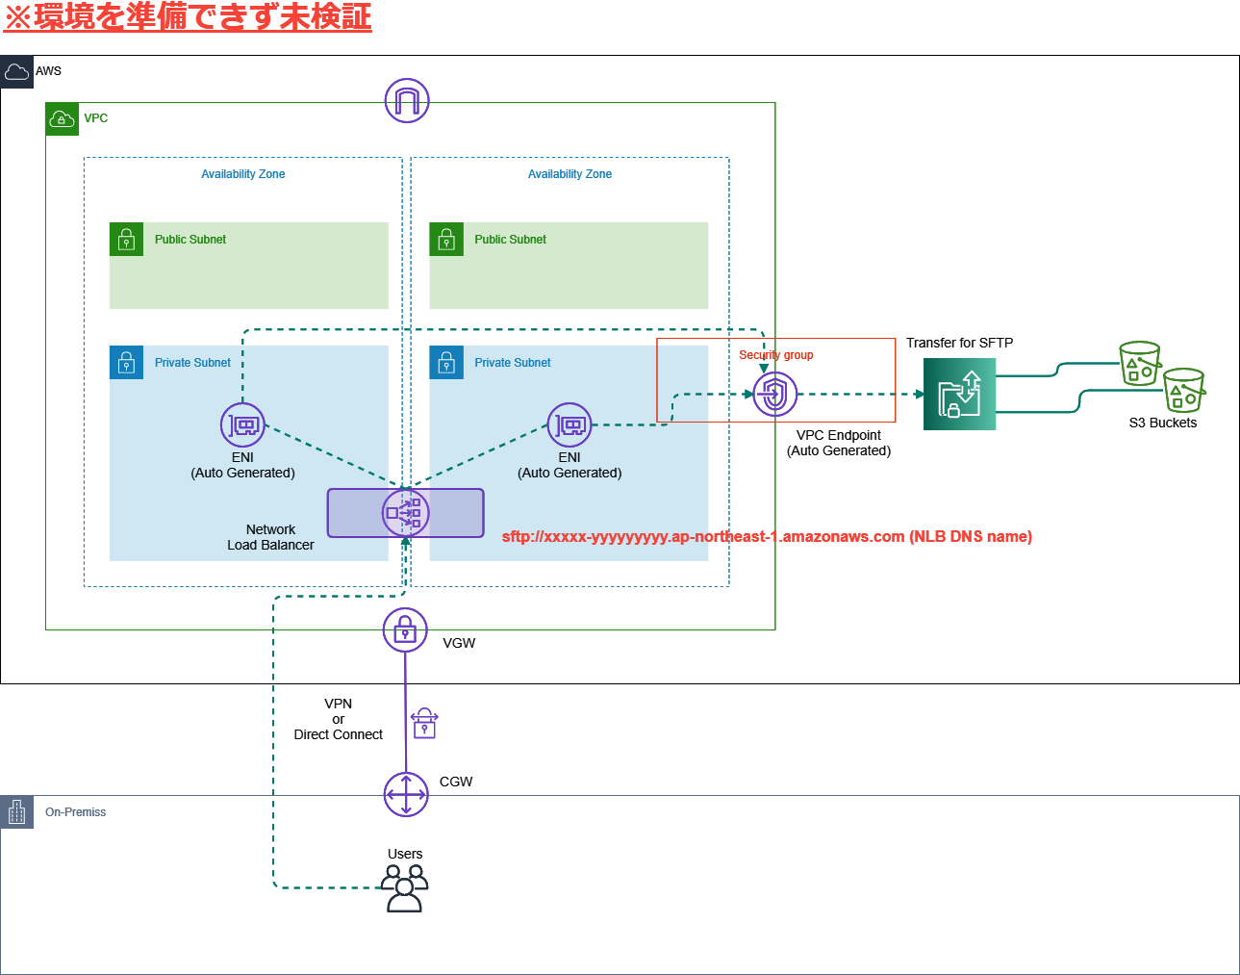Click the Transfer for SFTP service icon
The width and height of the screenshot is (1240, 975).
pyautogui.click(x=959, y=394)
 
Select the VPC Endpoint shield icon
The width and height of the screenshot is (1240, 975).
pyautogui.click(x=774, y=394)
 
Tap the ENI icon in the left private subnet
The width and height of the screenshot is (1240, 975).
pyautogui.click(x=242, y=424)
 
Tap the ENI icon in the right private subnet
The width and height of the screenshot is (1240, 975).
pyautogui.click(x=569, y=424)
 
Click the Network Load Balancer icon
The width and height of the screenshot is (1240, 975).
pyautogui.click(x=405, y=513)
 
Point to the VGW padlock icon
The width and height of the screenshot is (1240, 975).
pyautogui.click(x=405, y=630)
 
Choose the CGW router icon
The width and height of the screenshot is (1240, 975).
pyautogui.click(x=405, y=795)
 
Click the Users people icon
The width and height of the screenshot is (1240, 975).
pyautogui.click(x=405, y=887)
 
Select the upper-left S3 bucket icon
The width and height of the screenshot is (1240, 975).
pyautogui.click(x=1140, y=364)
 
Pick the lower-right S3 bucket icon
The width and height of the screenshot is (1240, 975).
pyautogui.click(x=1183, y=391)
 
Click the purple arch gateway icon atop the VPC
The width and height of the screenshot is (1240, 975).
pyautogui.click(x=407, y=100)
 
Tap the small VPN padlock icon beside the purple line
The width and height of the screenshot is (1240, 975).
pyautogui.click(x=424, y=723)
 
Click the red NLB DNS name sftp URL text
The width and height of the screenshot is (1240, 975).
pyautogui.click(x=767, y=537)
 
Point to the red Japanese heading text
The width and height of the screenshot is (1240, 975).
pyautogui.click(x=188, y=17)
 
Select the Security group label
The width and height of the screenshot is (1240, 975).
pyautogui.click(x=775, y=355)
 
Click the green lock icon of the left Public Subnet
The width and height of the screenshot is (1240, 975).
pyautogui.click(x=126, y=240)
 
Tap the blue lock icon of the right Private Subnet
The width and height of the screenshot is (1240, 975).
pyautogui.click(x=445, y=363)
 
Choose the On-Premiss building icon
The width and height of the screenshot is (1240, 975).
pyautogui.click(x=16, y=812)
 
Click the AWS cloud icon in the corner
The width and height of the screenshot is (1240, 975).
pyautogui.click(x=16, y=71)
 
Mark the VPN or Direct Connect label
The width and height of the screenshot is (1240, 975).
pyautogui.click(x=338, y=719)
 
